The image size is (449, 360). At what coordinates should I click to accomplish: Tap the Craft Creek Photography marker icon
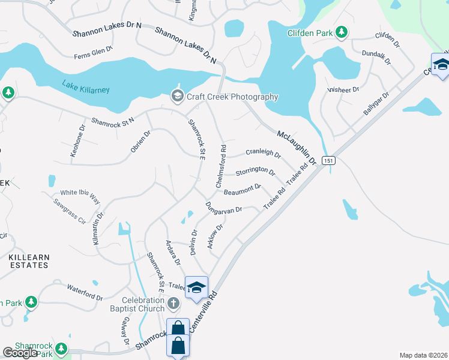tap(177, 96)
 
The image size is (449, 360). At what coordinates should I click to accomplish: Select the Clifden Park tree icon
tap(342, 32)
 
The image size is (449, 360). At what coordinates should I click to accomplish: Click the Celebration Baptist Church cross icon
tap(173, 304)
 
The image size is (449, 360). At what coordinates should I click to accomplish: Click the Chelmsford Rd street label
tap(220, 165)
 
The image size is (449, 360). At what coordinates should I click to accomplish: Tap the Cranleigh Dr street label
tap(263, 154)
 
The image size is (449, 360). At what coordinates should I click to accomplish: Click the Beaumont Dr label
tap(243, 190)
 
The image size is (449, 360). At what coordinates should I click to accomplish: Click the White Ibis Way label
tap(80, 193)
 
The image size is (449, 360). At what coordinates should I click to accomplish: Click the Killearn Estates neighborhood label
tap(29, 260)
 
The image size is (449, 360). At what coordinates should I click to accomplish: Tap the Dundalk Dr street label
tap(377, 57)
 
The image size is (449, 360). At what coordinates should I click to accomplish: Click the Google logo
tap(20, 353)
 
